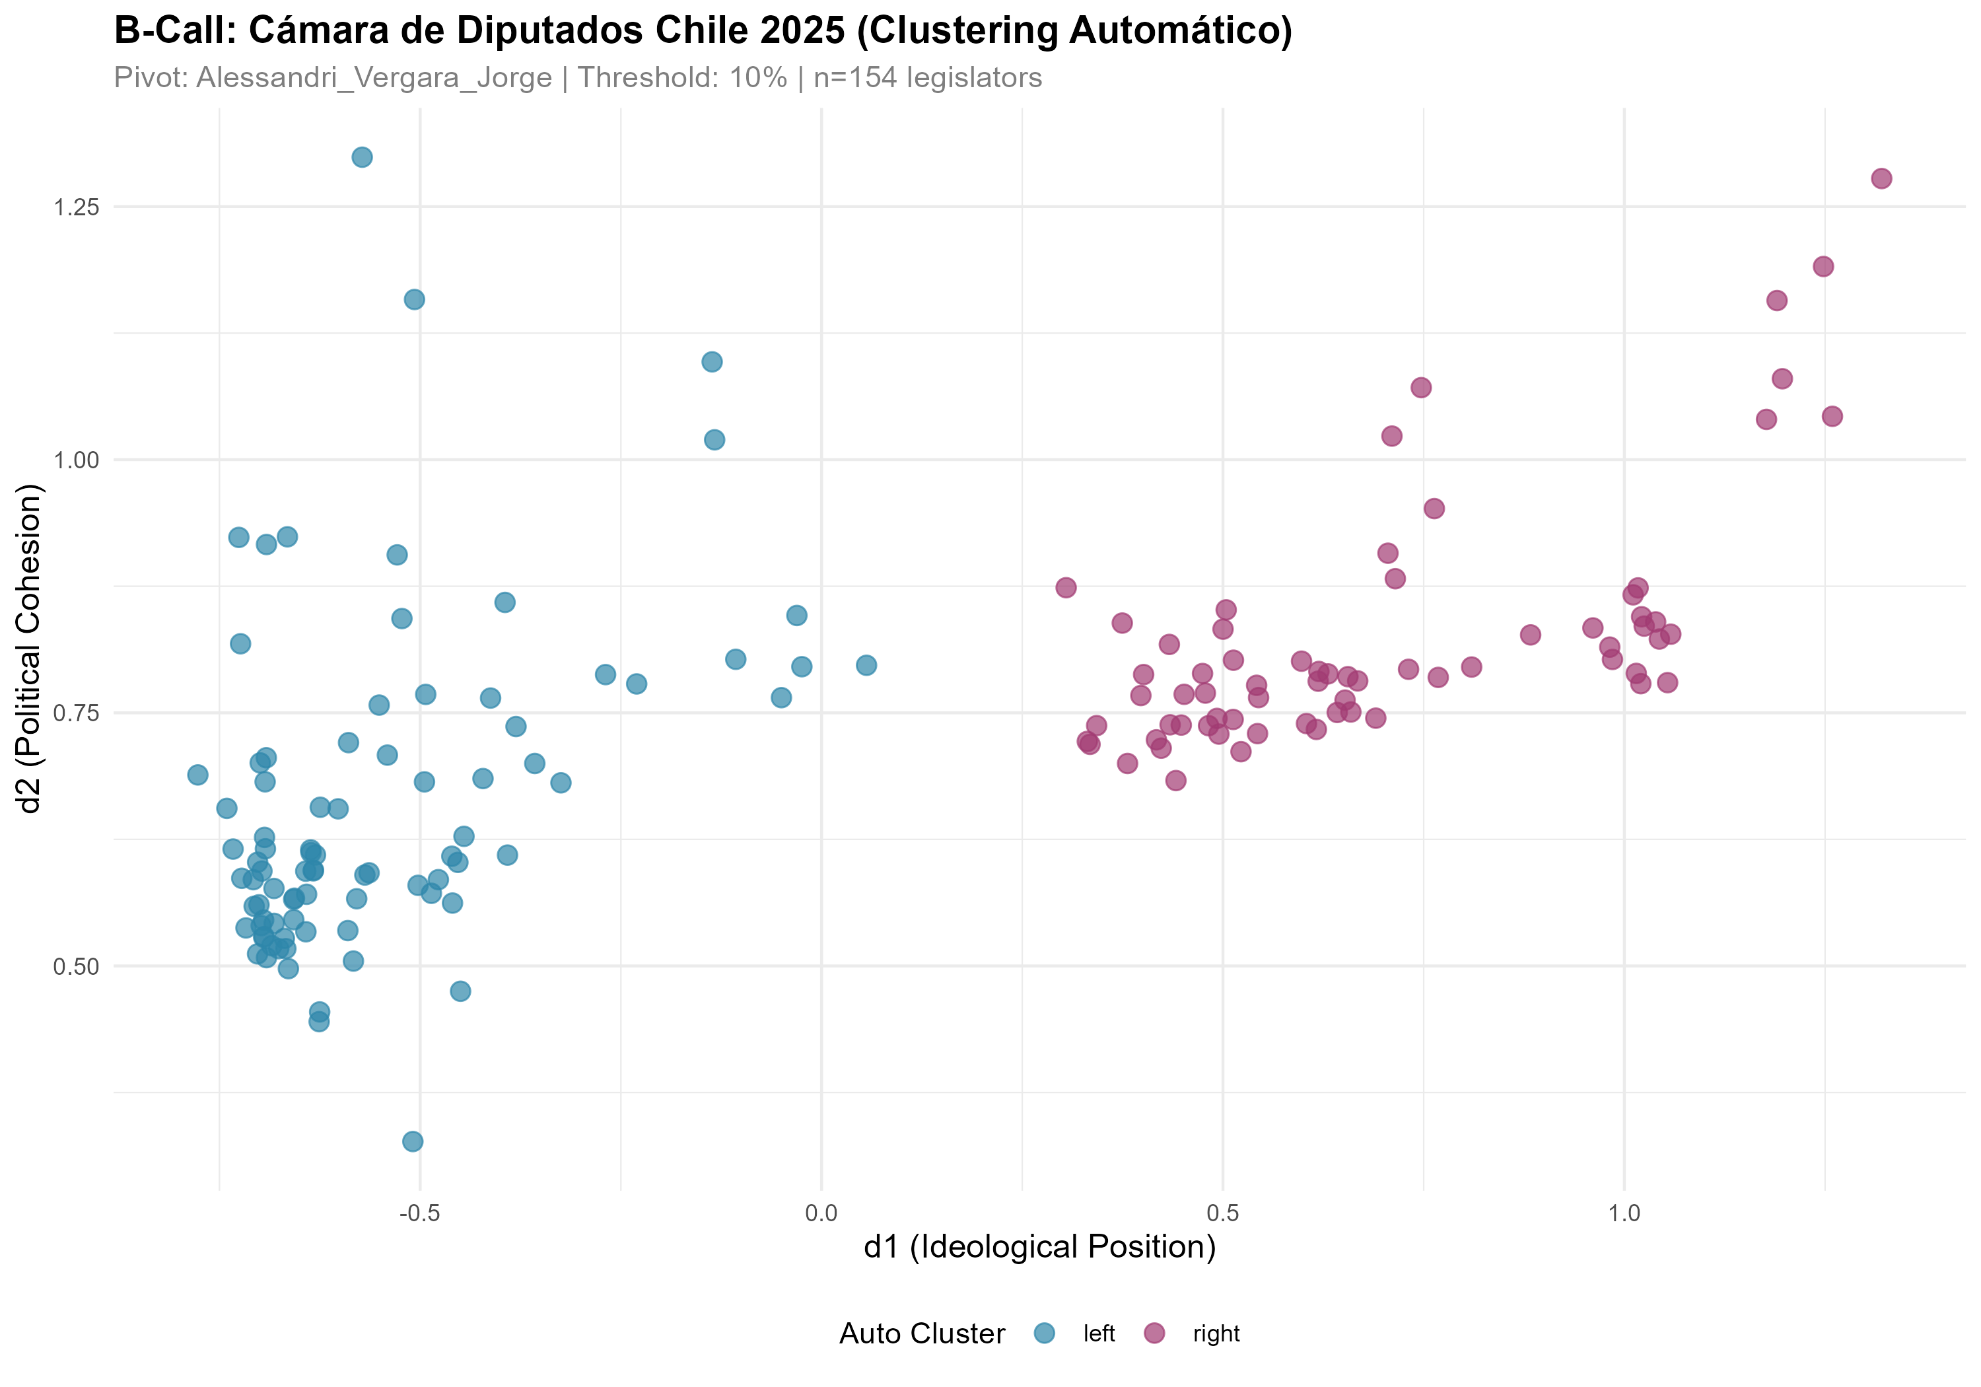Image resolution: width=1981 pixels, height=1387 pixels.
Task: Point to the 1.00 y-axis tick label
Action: pos(77,460)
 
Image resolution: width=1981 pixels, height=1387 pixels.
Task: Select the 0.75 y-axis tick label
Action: pos(77,713)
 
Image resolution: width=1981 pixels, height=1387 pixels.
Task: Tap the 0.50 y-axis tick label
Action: pos(77,966)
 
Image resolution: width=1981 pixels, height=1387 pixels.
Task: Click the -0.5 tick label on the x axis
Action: pos(419,1213)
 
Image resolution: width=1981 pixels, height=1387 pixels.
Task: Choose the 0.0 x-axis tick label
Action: pos(821,1213)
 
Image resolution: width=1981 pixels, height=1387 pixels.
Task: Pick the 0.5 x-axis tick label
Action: pos(1222,1213)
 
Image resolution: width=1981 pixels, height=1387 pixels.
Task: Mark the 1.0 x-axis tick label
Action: pos(1624,1213)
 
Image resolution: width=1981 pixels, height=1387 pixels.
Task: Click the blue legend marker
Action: pos(1044,1333)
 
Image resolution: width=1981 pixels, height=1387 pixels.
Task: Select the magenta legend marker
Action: pos(1154,1333)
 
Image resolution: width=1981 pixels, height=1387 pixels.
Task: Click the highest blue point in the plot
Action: pos(363,157)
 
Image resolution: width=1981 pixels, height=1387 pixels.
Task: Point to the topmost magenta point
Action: pos(1882,179)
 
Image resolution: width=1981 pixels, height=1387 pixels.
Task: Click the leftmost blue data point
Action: pos(197,775)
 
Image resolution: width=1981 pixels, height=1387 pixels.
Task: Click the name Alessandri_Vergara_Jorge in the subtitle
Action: pos(374,79)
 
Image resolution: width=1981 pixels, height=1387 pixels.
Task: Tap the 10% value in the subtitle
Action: pos(757,79)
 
